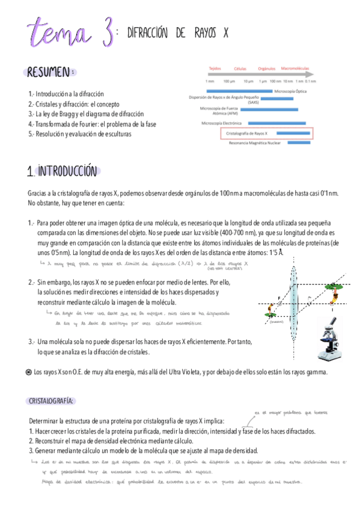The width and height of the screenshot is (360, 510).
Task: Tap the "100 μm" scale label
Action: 229,81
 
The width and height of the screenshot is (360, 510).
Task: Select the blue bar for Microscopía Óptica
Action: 240,91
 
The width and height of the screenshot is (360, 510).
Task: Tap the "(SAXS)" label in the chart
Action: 253,102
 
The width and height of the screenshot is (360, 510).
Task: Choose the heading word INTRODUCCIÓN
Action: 66,171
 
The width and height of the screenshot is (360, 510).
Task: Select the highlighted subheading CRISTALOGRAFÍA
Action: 51,401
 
